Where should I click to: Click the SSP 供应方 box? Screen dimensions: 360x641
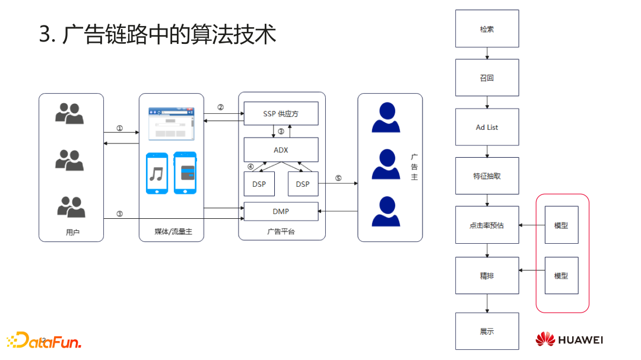[x=281, y=113]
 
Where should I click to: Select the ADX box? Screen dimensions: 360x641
[x=281, y=150]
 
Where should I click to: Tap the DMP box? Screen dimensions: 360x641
[x=281, y=211]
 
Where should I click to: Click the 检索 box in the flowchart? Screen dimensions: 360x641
[x=487, y=28]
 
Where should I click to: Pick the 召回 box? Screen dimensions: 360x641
[x=487, y=78]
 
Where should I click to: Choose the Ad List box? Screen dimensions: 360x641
[x=487, y=127]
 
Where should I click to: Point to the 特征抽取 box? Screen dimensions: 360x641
[x=487, y=176]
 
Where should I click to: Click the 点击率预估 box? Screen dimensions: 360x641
[x=487, y=225]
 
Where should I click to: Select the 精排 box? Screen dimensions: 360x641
[x=487, y=276]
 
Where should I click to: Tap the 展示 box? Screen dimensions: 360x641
[x=487, y=332]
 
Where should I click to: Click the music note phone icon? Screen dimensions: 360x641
[x=157, y=173]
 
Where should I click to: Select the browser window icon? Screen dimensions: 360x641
[x=171, y=123]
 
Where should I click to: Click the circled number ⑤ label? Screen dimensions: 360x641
[x=338, y=178]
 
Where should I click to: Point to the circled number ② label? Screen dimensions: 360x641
[x=221, y=107]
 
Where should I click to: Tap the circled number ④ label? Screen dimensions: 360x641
[x=250, y=167]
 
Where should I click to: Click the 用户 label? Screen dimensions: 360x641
[x=72, y=232]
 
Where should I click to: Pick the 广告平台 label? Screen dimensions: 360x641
[x=281, y=232]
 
